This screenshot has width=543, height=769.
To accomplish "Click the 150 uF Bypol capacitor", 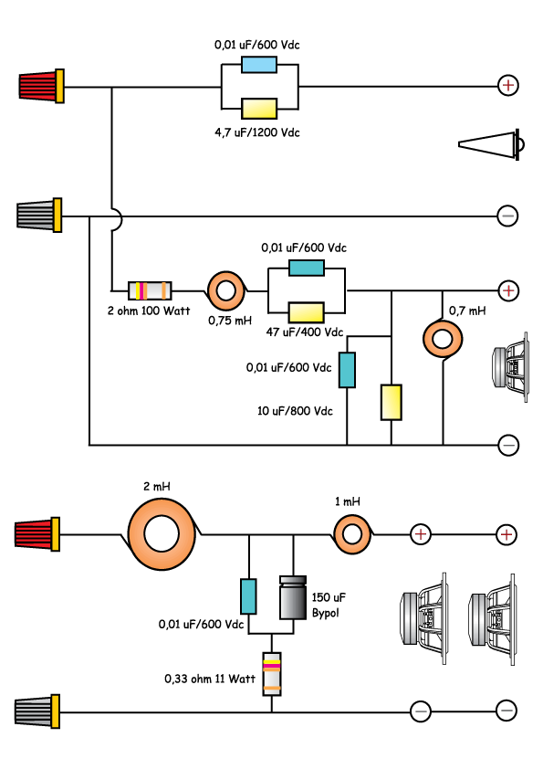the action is (293, 598).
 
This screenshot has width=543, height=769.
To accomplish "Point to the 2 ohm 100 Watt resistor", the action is (150, 290).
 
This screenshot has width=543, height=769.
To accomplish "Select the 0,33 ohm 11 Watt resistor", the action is (272, 674).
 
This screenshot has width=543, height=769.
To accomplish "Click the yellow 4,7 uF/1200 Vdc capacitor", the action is (259, 109).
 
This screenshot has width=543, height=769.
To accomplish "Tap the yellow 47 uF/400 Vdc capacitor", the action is (307, 312).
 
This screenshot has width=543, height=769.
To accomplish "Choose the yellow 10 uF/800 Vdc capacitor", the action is (392, 402).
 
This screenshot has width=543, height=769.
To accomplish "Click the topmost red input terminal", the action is (42, 86).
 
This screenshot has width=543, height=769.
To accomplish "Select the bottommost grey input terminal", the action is (37, 711).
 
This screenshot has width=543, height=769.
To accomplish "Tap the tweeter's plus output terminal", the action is (508, 85).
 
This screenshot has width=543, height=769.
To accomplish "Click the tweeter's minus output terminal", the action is (507, 216).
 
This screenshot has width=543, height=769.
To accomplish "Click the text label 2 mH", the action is (157, 487).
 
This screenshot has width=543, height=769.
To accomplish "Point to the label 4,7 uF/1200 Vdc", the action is (257, 132).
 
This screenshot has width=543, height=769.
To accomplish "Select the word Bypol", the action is (326, 613).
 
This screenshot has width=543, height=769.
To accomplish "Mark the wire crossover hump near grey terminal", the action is (120, 218).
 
